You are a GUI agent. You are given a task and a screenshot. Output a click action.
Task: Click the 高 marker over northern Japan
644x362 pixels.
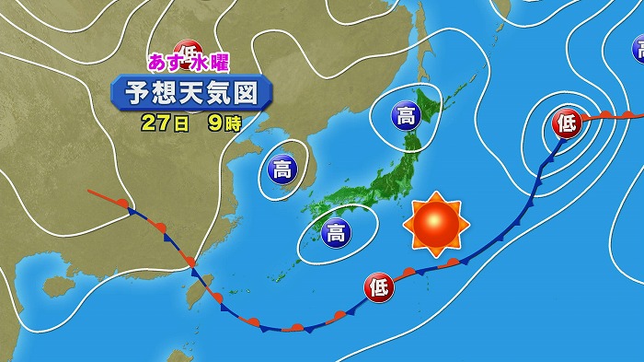tap(406, 115)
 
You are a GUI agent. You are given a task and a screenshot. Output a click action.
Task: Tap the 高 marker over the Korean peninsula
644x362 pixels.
tap(281, 168)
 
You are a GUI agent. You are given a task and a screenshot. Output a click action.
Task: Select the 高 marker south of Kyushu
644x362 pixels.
tap(337, 232)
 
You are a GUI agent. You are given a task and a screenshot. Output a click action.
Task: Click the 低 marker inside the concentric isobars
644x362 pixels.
tap(567, 123)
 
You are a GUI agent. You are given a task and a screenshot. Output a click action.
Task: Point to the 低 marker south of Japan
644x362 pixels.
tap(379, 286)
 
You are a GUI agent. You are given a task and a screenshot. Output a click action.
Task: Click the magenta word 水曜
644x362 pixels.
tap(210, 64)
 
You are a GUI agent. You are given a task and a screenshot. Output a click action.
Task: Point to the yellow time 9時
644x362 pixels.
tap(222, 123)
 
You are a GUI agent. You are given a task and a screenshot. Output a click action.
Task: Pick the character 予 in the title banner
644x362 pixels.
tap(130, 93)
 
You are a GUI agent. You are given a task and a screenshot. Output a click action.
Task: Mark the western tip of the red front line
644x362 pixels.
tap(88, 192)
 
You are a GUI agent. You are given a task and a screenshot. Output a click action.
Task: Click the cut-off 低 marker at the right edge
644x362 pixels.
tap(638, 47)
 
